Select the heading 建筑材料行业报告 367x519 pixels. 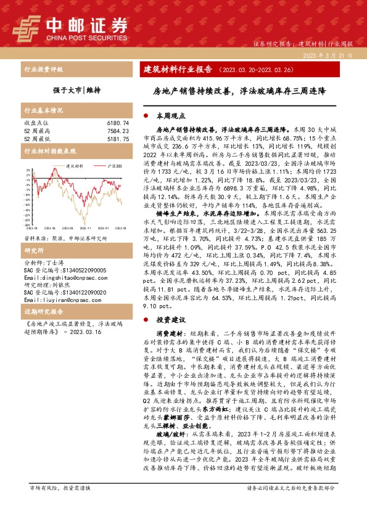181,69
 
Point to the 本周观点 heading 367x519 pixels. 171,115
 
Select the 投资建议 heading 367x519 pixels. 171,320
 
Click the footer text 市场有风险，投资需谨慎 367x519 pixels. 60,505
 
